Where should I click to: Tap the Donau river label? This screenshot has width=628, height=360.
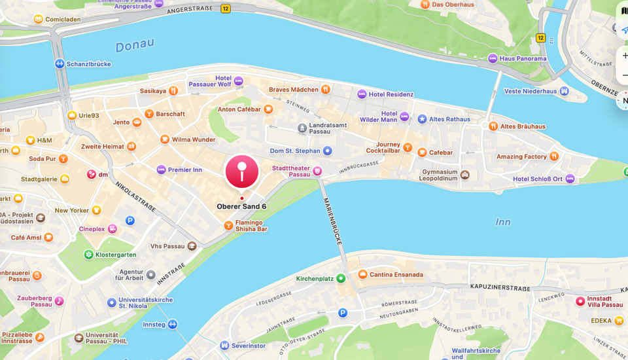tap(135, 45)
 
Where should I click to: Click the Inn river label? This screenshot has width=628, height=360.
tap(502, 222)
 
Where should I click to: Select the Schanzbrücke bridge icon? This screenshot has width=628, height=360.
tap(60, 64)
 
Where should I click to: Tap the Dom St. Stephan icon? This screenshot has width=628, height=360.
tap(328, 151)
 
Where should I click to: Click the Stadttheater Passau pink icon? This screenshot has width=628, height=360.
tap(318, 171)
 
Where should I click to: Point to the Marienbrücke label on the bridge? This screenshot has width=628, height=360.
tap(332, 221)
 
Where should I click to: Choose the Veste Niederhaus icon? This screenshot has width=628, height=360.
tap(564, 91)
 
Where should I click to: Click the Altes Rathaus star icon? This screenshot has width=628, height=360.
tap(422, 119)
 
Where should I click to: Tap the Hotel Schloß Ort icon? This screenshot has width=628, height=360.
tap(570, 179)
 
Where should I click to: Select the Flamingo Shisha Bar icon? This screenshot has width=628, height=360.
tap(228, 225)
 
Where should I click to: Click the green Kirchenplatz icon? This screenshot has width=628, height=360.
tap(341, 278)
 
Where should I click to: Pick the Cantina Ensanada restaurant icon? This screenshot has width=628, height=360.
tap(362, 274)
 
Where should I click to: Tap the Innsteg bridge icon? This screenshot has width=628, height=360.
tap(173, 324)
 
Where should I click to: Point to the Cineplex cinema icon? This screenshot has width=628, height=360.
tap(113, 229)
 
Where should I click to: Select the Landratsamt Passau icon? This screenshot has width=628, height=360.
tap(302, 128)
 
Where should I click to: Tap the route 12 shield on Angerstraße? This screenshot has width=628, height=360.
tap(226, 9)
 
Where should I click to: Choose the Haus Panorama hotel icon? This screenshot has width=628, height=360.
tap(493, 58)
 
